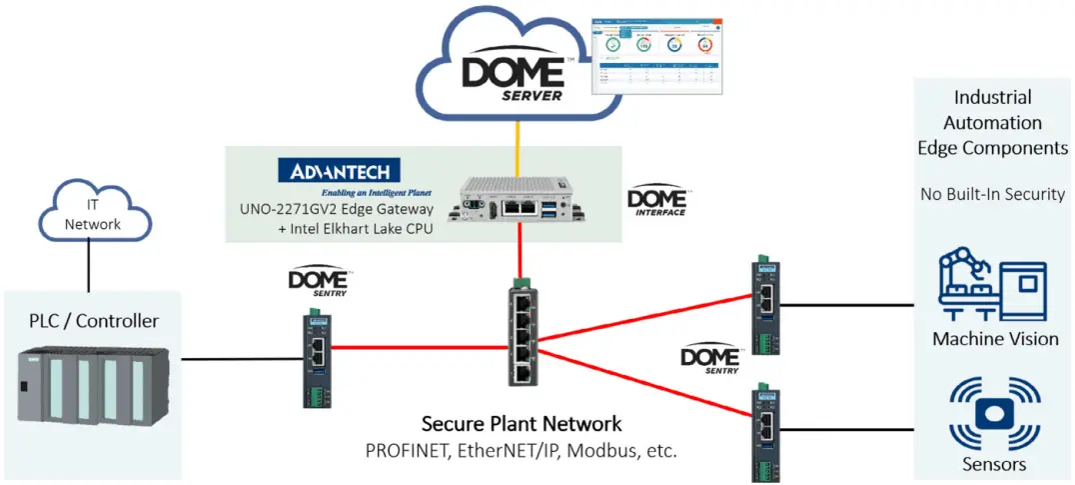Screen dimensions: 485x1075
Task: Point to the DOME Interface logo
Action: point(657,201)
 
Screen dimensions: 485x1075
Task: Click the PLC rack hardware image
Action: point(95,385)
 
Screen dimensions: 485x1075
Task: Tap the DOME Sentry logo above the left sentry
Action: point(318,281)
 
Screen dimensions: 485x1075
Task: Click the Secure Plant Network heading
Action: point(521,423)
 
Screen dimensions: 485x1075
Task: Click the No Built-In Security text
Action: point(992,193)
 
